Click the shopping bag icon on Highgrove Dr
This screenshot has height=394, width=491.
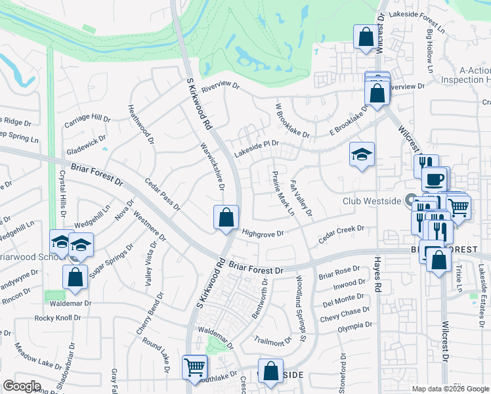[x=226, y=217]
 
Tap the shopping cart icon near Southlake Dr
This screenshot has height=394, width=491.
[x=195, y=367]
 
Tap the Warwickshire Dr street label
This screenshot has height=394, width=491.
[x=213, y=167]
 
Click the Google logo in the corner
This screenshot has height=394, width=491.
[x=22, y=386]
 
